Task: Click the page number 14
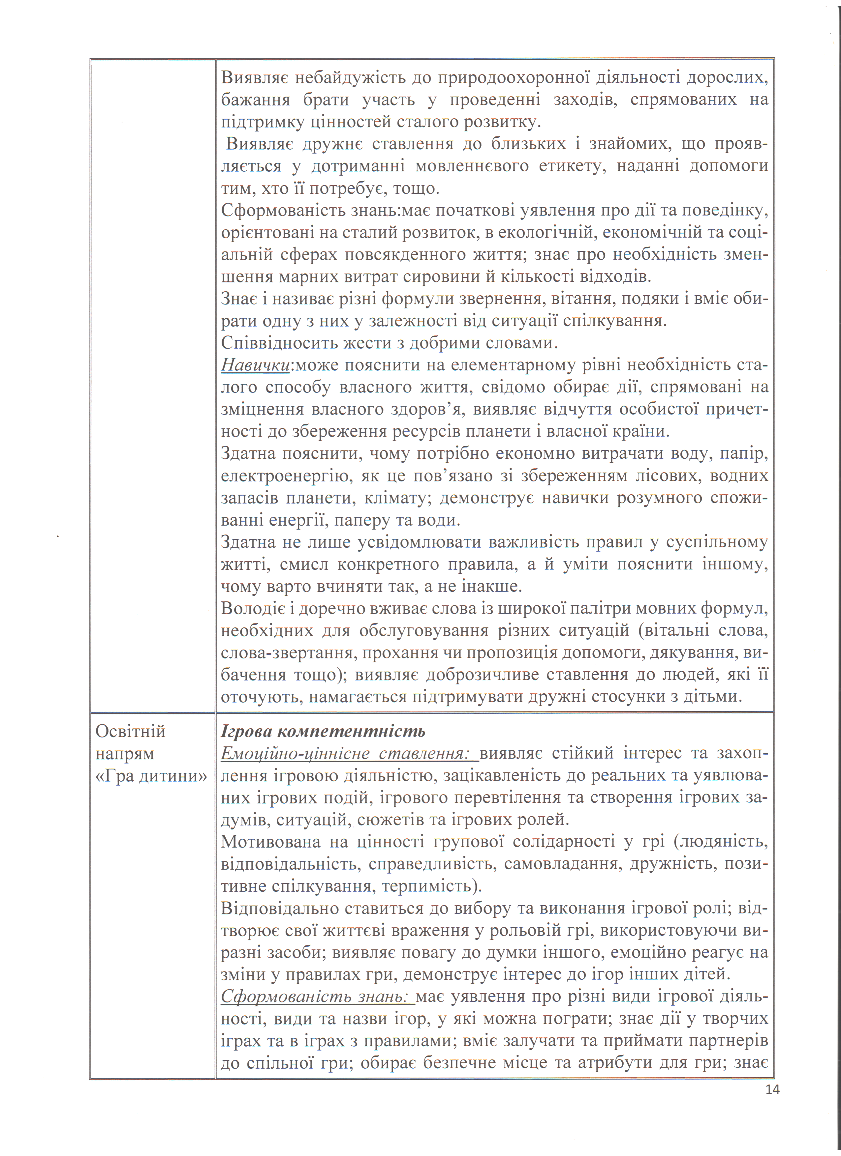772,1089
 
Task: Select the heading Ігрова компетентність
323,732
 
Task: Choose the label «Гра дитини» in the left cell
151,776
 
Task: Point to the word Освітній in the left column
131,732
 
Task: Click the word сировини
461,277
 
